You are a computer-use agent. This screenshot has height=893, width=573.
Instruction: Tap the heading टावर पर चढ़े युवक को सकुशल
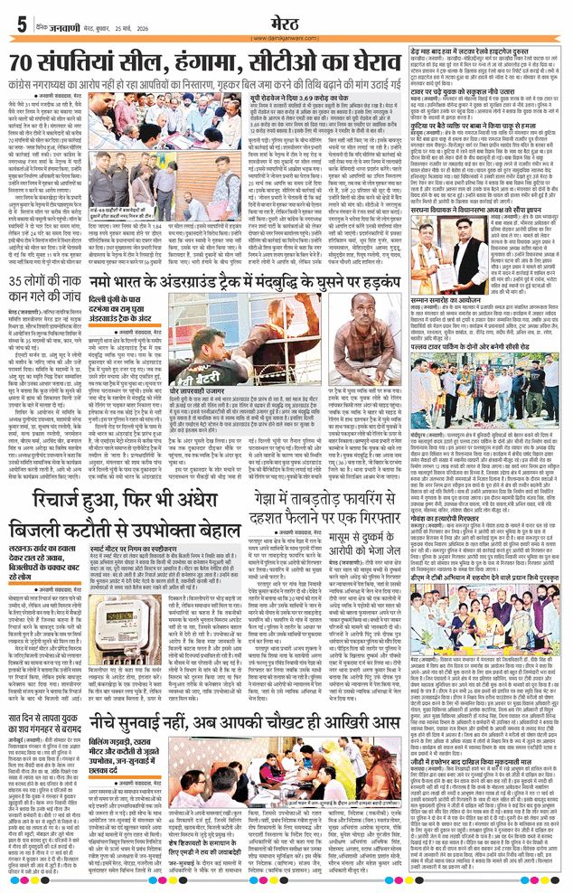point(470,91)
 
